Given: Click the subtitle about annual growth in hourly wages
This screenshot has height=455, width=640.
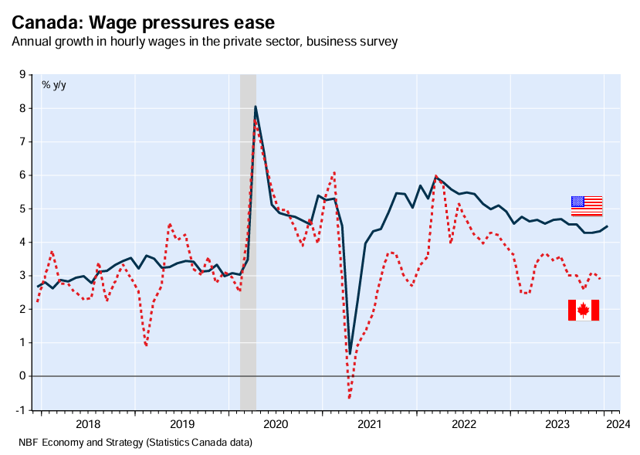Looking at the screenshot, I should click(x=205, y=41).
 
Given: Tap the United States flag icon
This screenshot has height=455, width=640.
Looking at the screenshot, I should click(x=586, y=205).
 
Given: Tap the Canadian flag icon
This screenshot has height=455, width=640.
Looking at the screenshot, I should click(x=584, y=310).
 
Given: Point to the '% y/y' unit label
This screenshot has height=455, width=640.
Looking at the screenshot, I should click(x=54, y=84).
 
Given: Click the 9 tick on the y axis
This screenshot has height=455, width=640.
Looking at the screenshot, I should click(x=22, y=75).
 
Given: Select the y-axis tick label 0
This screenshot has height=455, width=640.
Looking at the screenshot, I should click(x=22, y=376).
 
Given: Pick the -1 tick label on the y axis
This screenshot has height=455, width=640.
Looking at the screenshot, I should click(x=20, y=409).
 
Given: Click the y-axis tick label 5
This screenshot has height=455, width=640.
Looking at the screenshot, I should click(x=22, y=209).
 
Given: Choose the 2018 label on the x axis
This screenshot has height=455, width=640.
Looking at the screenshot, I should click(x=88, y=424).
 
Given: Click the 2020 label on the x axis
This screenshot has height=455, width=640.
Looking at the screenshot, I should click(x=276, y=424).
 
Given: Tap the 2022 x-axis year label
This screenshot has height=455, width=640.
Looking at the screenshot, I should click(x=463, y=424).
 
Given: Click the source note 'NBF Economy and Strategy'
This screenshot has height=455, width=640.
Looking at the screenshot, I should click(x=135, y=443).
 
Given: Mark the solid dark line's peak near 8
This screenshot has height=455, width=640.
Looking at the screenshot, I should click(x=255, y=107).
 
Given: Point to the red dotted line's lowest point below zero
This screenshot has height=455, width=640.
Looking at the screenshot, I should click(x=349, y=398).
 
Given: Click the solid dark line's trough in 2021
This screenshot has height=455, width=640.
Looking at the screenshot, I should click(x=350, y=353).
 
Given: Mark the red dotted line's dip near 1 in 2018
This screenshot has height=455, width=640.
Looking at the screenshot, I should click(x=146, y=345).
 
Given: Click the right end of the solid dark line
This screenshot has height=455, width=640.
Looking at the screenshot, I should click(x=607, y=226).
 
